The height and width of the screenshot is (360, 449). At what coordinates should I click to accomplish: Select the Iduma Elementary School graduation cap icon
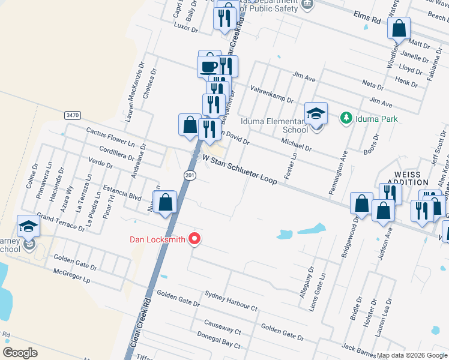pyautogui.click(x=316, y=113)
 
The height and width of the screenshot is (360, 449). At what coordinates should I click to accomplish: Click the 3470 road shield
pyautogui.click(x=73, y=115)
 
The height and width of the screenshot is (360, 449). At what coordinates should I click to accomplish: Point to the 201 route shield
pyautogui.click(x=189, y=175)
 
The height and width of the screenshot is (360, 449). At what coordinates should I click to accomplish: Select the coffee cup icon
pyautogui.click(x=209, y=66)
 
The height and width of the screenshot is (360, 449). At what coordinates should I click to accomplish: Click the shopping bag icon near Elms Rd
pyautogui.click(x=399, y=28)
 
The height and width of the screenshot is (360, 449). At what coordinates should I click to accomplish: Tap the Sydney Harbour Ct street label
pyautogui.click(x=231, y=301)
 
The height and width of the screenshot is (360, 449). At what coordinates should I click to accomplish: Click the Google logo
pyautogui.click(x=20, y=352)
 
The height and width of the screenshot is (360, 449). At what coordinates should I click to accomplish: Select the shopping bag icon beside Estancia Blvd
pyautogui.click(x=166, y=202)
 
